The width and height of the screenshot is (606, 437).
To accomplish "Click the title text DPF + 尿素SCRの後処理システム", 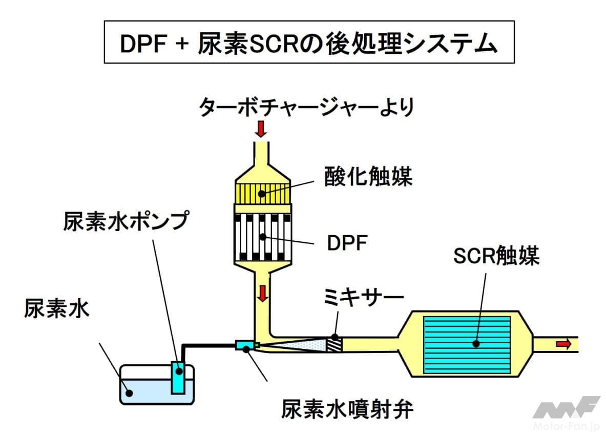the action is [309, 43].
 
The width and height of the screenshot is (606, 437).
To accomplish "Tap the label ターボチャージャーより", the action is [306, 106].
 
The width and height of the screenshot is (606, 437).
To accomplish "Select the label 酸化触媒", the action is [368, 177].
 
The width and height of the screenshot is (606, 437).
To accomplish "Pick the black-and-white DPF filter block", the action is [262, 237].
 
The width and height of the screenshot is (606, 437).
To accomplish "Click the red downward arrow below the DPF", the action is [263, 293].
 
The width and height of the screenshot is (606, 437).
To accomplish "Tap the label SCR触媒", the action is [496, 256].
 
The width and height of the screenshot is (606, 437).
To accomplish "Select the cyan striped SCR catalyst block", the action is [467, 345].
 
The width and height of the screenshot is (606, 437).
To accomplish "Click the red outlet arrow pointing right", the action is [563, 344].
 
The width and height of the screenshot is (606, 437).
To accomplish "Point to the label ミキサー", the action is [363, 298].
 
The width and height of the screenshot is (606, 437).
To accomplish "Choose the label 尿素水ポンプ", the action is [126, 221].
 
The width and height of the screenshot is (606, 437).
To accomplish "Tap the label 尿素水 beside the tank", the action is [57, 308].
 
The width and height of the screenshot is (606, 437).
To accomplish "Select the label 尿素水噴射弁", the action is [347, 409].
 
